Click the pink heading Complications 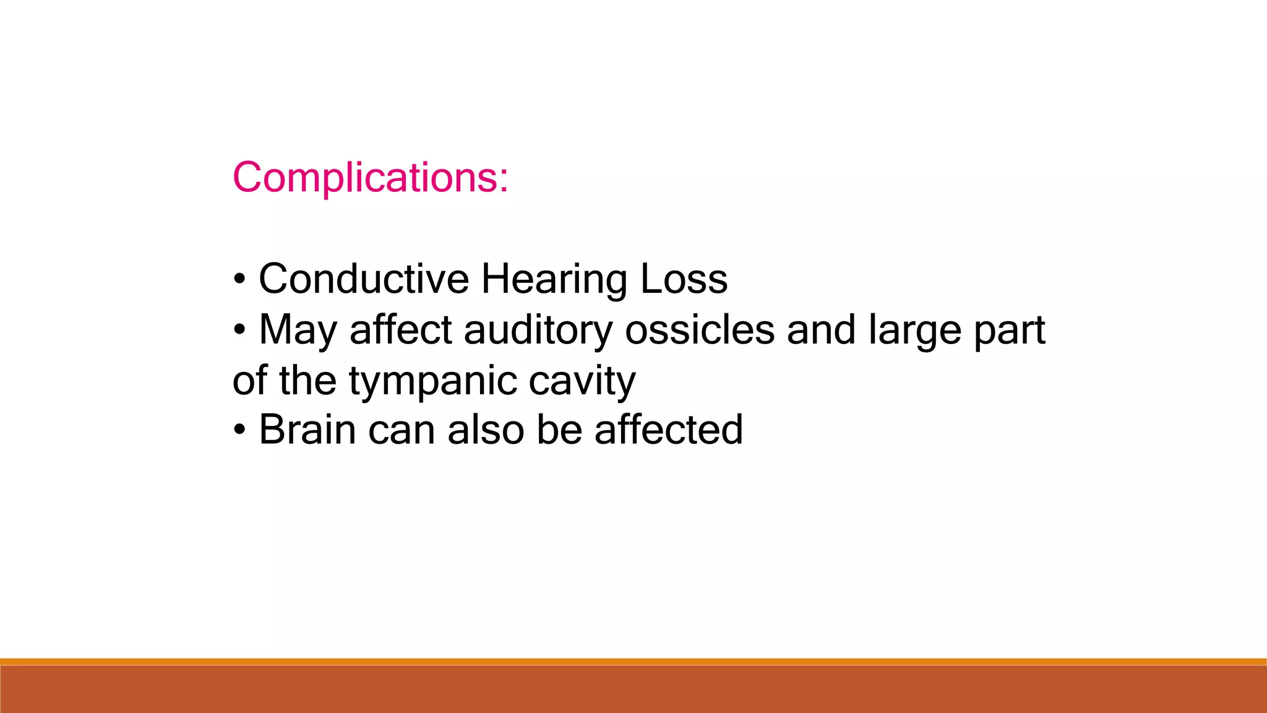(370, 178)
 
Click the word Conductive (364, 279)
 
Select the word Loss (684, 279)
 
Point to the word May (298, 331)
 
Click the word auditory (538, 331)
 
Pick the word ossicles (700, 329)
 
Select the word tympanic (432, 381)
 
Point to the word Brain (307, 430)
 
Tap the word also (486, 430)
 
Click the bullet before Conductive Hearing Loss (239, 279)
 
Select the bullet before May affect (239, 330)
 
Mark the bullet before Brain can (239, 430)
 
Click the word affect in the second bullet (401, 329)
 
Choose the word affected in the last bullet (669, 430)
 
